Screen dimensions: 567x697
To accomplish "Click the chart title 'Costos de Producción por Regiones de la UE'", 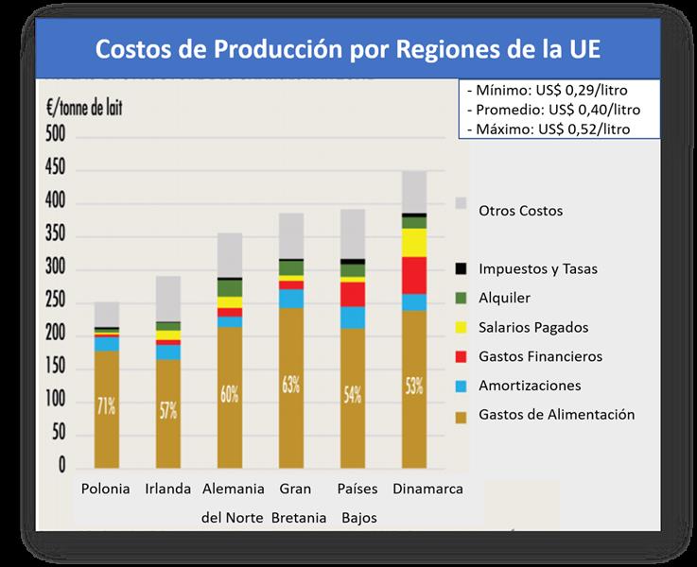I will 348,48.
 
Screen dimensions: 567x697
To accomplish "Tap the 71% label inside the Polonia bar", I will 106,407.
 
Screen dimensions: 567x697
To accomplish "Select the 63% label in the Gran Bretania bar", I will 290,385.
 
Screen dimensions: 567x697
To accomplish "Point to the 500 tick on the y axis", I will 55,136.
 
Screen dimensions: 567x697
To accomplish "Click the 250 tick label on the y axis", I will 55,302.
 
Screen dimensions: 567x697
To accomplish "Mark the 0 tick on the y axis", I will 61,468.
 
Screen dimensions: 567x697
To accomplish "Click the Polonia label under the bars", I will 106,490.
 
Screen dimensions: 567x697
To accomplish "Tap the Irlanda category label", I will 168,490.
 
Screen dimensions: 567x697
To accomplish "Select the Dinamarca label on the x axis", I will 415,490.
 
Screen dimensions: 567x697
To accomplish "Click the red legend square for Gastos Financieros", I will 462,357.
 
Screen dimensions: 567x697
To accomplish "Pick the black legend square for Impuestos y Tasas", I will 462,269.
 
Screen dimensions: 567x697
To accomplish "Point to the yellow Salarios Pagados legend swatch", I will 462,328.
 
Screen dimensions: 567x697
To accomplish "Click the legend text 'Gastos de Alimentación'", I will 556,414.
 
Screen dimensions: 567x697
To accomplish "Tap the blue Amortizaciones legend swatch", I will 462,387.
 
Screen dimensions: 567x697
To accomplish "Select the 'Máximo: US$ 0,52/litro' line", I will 548,128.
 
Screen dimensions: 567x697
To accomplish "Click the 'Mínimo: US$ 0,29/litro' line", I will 548,91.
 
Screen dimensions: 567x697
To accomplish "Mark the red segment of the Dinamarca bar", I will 414,275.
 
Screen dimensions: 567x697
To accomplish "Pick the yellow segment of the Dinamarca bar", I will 414,242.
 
